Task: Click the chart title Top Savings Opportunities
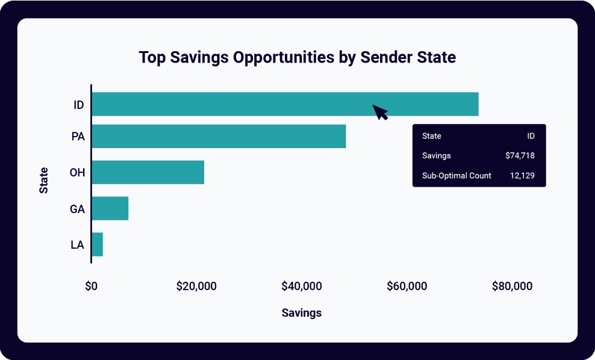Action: tap(297, 58)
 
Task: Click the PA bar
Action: tap(219, 137)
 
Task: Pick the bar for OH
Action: tap(148, 173)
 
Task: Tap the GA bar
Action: tap(110, 208)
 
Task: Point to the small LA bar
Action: tap(97, 244)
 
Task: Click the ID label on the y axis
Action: tap(78, 105)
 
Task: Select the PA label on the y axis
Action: tap(78, 137)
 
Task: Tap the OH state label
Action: tap(77, 173)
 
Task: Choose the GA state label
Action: tap(77, 209)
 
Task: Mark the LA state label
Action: tap(77, 245)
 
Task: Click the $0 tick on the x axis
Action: tap(91, 287)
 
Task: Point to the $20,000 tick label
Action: tap(196, 287)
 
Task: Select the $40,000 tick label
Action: tap(302, 287)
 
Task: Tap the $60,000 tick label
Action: tap(407, 287)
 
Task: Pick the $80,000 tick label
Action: tap(512, 287)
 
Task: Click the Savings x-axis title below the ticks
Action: tap(302, 313)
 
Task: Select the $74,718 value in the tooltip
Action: tap(520, 156)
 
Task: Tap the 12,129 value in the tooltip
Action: tap(522, 176)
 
